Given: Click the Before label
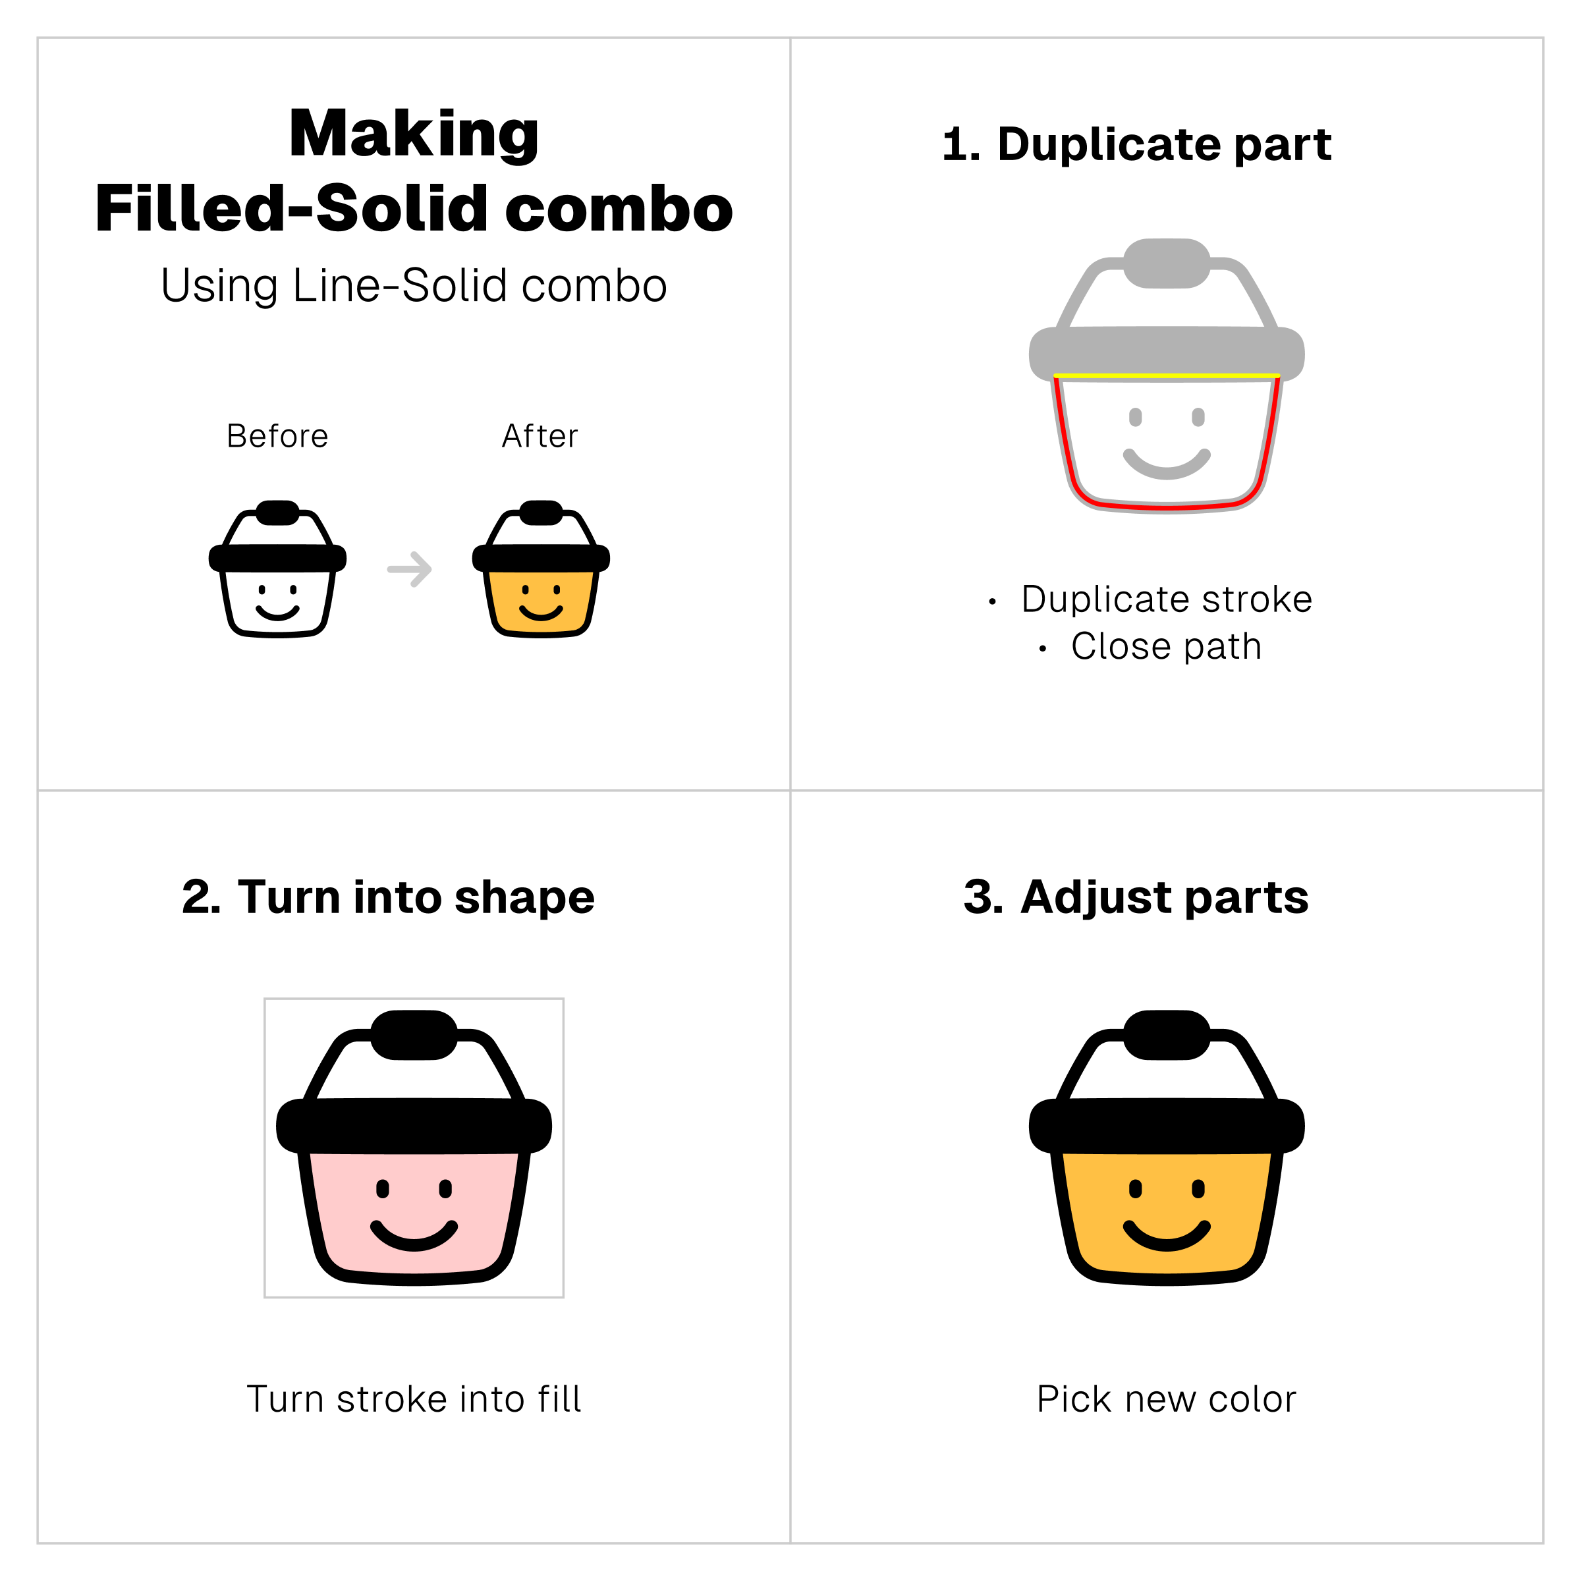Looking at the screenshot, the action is point(277,436).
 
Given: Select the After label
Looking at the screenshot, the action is point(540,436).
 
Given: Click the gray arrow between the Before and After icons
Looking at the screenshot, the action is point(410,569).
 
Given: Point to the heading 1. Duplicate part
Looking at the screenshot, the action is point(1136,145).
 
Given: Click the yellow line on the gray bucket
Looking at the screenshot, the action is point(1167,375).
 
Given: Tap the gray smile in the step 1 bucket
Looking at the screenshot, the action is point(1167,465).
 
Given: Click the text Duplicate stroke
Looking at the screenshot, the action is point(1167,599).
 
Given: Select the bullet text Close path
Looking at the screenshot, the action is point(1167,646).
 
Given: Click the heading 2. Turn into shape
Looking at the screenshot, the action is point(388,898).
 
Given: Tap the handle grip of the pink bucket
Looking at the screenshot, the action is point(414,1035).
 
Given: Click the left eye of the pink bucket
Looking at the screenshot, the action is point(383,1189).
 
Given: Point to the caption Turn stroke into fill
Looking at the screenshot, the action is point(414,1399).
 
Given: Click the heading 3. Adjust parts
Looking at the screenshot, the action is point(1136,898).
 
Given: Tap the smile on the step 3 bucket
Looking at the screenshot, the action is point(1167,1236).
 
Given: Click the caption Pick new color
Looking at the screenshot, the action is point(1167,1399).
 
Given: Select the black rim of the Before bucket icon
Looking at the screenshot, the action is point(277,559).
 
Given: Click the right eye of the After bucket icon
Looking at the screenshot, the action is point(557,589).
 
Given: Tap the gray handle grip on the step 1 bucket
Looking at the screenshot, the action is point(1167,263).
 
